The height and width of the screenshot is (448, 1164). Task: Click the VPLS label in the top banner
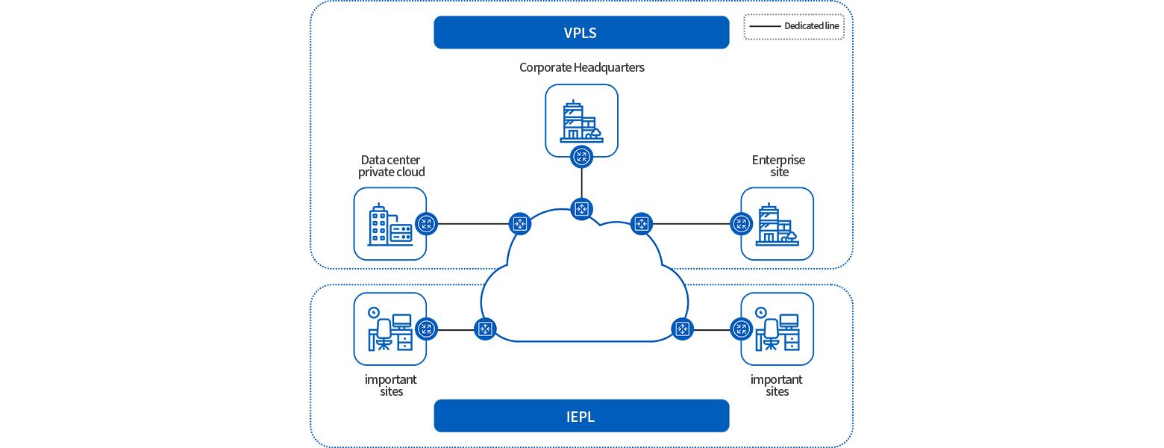[580, 33]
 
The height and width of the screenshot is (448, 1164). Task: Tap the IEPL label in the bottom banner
[580, 417]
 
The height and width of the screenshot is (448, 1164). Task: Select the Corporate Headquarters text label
[582, 67]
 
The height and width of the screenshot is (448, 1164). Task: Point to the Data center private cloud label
[392, 167]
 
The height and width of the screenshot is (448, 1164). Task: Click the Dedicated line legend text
[812, 26]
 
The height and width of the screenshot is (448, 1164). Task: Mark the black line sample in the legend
[765, 26]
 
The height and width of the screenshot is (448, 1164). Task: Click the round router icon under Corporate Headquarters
[581, 156]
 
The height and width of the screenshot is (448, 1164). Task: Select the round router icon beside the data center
[426, 224]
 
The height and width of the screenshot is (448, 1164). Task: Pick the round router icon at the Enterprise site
[741, 224]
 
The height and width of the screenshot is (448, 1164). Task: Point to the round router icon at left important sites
[426, 329]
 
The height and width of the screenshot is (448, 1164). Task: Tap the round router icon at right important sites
[741, 329]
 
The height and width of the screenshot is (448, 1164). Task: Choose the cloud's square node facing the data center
[520, 224]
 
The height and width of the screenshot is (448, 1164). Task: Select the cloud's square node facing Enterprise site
[641, 224]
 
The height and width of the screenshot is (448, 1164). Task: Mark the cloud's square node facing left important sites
[486, 329]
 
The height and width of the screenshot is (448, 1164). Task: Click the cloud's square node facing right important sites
[681, 329]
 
